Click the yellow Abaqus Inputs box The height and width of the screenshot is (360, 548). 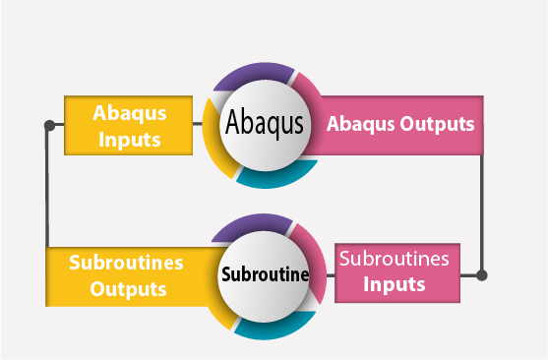(127, 125)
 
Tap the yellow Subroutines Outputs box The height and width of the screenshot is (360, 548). (128, 275)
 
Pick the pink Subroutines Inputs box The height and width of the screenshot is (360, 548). (396, 272)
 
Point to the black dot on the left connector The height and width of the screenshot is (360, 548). (48, 126)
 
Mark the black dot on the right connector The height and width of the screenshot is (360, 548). (481, 275)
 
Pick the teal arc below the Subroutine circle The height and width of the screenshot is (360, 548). (274, 327)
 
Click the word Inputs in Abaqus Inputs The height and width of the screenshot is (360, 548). (128, 139)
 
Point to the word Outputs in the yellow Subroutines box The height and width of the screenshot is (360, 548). (128, 289)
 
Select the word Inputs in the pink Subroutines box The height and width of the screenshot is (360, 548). (395, 284)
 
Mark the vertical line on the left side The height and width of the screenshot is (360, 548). (47, 187)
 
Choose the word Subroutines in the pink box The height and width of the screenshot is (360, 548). (395, 260)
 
